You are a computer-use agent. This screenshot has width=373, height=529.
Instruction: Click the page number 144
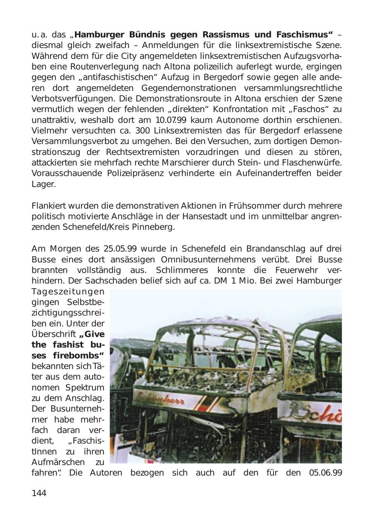39,493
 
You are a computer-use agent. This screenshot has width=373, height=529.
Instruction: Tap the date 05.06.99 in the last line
325,473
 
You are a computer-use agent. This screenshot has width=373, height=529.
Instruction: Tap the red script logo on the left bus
161,400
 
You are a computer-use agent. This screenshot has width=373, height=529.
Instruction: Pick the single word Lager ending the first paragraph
43,184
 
